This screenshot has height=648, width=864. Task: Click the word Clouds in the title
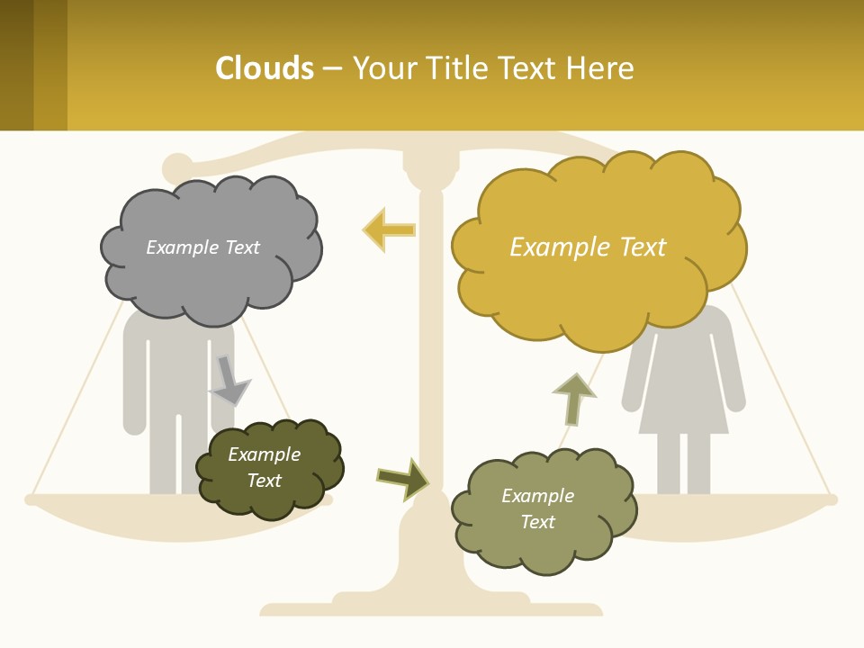pyautogui.click(x=265, y=68)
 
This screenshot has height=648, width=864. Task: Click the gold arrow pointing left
pyautogui.click(x=389, y=229)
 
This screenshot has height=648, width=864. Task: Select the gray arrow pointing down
pyautogui.click(x=229, y=382)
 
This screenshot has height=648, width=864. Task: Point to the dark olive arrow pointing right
pyautogui.click(x=403, y=479)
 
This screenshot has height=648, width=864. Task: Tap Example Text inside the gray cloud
pyautogui.click(x=202, y=247)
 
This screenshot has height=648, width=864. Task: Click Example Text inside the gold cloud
pyautogui.click(x=588, y=247)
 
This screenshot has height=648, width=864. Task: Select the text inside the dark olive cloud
pyautogui.click(x=264, y=467)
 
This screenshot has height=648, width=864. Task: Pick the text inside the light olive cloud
pyautogui.click(x=537, y=508)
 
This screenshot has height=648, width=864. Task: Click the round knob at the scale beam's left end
pyautogui.click(x=176, y=167)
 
